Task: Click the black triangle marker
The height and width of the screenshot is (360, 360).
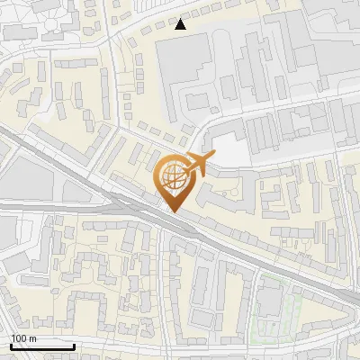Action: click(181, 24)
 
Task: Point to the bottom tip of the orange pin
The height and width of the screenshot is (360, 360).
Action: click(171, 212)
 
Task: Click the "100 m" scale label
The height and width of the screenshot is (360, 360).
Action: click(24, 337)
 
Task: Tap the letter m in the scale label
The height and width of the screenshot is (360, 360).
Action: click(33, 337)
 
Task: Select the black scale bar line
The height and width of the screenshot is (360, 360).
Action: click(41, 346)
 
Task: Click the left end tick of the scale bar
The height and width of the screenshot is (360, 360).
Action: click(11, 344)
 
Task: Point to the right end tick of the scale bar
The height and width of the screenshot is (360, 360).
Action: click(73, 344)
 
